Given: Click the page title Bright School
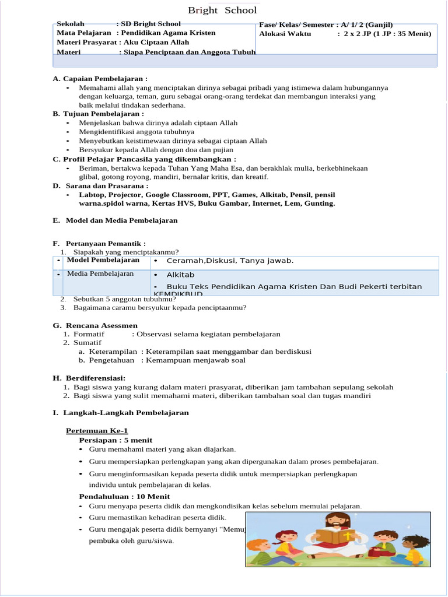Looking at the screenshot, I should point(222,10).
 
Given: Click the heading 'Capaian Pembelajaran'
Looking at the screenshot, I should point(105,79).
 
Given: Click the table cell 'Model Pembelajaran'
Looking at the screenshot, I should point(103,260).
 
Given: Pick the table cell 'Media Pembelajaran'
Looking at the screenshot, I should point(100,273).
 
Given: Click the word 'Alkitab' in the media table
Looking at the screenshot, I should point(180,275).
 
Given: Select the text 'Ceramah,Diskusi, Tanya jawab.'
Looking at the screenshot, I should point(230,261).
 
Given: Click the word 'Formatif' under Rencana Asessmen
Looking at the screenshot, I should point(89,334).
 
